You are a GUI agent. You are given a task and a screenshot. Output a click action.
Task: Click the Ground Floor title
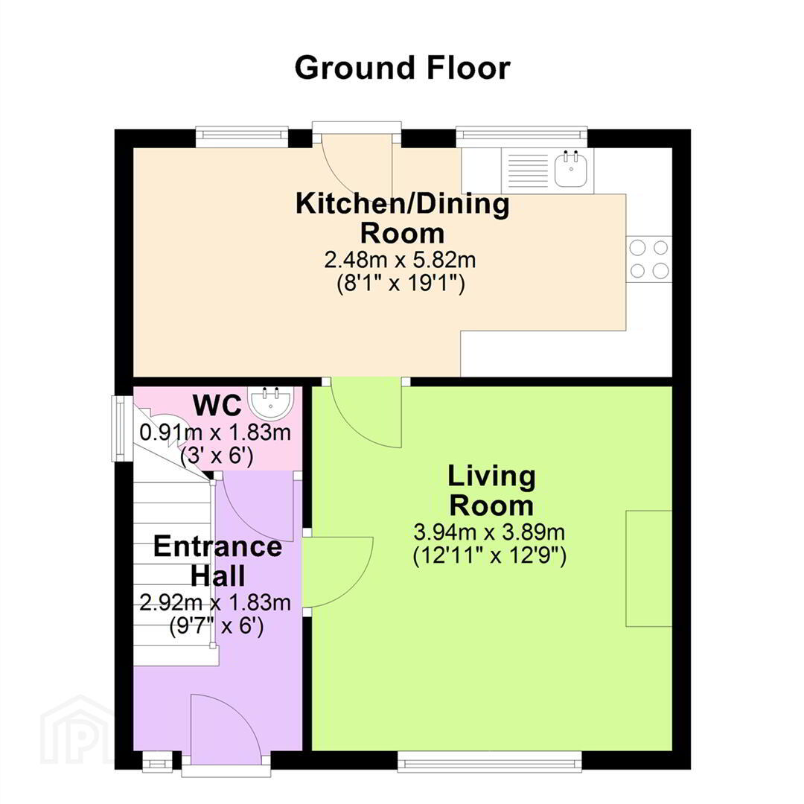[x=403, y=68]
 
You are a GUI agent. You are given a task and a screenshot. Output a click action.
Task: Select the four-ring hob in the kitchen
[x=648, y=259]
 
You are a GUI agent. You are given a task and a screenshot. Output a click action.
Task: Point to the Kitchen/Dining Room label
[x=403, y=218]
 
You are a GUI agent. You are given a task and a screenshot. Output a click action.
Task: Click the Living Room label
[x=491, y=490]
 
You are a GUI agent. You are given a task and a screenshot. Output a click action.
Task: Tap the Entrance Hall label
[x=217, y=561]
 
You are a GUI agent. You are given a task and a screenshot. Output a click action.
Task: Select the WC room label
[x=217, y=405]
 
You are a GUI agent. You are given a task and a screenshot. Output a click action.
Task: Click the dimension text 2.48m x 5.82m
[x=400, y=260]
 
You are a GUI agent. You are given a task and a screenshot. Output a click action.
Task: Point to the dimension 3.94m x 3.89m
[x=489, y=532]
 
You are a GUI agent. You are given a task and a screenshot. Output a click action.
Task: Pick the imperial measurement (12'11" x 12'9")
[x=490, y=556]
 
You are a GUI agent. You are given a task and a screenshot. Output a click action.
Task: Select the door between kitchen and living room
[x=366, y=412]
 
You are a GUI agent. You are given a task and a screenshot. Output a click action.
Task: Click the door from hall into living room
[x=338, y=572]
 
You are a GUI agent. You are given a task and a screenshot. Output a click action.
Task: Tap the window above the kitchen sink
[x=521, y=134]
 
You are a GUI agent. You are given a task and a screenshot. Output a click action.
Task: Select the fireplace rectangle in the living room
[x=648, y=568]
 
